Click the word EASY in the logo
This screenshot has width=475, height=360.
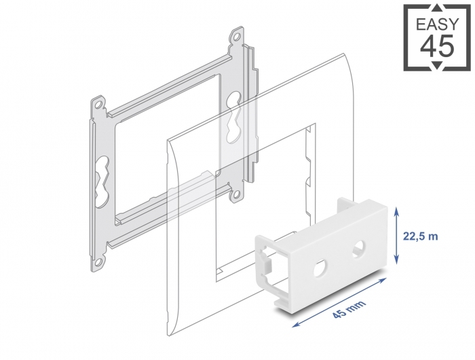pos(438,24)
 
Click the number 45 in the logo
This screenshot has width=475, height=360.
pos(438,46)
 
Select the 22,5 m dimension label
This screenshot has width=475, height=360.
pos(420,236)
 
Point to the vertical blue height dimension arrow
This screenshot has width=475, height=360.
pos(396,236)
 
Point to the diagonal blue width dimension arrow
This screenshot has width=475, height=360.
pos(339,302)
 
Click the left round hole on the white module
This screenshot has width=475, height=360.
pos(320,268)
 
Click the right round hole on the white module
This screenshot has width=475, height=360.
pos(359,247)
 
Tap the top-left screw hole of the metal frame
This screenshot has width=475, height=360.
pos(98,105)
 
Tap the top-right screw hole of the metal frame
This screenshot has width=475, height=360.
pos(236,37)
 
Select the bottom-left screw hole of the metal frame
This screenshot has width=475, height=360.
pos(99,262)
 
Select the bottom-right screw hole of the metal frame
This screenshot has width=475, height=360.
pos(236,194)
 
